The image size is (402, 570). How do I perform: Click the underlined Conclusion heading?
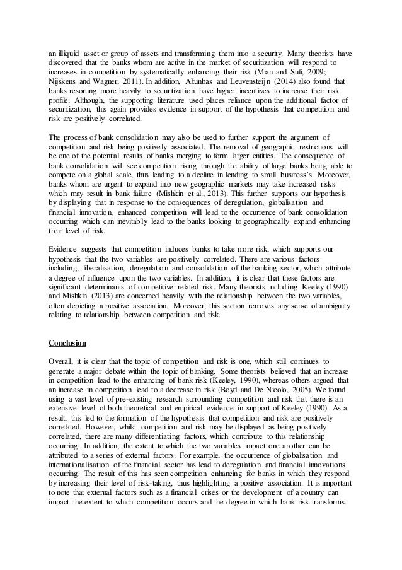[68, 343]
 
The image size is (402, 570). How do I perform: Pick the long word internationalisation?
[81, 479]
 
